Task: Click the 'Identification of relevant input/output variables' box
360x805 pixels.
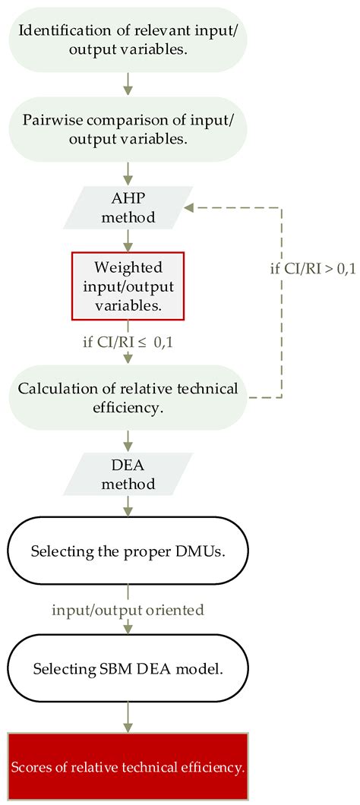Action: [x=128, y=40]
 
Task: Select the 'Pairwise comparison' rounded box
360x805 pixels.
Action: [x=128, y=128]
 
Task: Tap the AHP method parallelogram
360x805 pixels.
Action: [x=128, y=207]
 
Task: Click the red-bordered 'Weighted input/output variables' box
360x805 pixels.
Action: [x=128, y=285]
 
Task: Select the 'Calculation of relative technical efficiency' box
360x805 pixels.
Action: [x=128, y=399]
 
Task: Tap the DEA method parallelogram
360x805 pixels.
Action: [x=128, y=473]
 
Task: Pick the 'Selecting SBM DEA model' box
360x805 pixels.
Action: [x=128, y=669]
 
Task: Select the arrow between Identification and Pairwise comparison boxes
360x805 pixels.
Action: [x=128, y=84]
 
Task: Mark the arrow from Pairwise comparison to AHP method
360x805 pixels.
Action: [x=128, y=171]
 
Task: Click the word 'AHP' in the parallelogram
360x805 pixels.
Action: [x=128, y=197]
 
